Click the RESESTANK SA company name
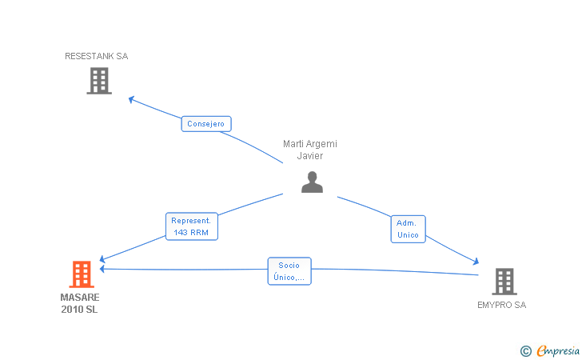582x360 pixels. (x=97, y=56)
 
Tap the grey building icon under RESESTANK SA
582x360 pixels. (x=99, y=81)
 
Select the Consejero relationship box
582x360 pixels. (x=206, y=124)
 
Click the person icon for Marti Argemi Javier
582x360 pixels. (x=312, y=182)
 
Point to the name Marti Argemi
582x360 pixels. (x=310, y=144)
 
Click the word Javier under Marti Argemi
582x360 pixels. (x=310, y=156)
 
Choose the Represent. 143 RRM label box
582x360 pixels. (x=192, y=226)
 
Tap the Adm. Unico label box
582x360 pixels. (x=408, y=229)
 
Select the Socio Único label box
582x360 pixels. (x=289, y=271)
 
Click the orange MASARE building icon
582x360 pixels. (x=82, y=274)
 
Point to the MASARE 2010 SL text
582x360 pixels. (x=80, y=303)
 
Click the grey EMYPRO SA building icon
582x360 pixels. (x=504, y=282)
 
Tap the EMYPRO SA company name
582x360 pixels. (x=501, y=305)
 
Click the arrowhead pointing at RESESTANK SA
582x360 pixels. (x=131, y=99)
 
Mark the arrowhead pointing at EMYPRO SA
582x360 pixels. (x=476, y=262)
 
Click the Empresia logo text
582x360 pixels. (x=558, y=350)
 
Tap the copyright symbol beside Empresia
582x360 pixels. (x=525, y=351)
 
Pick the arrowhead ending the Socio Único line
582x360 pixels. (x=102, y=269)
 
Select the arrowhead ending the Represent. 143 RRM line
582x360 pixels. (x=102, y=259)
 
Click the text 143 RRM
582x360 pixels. (x=191, y=233)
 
